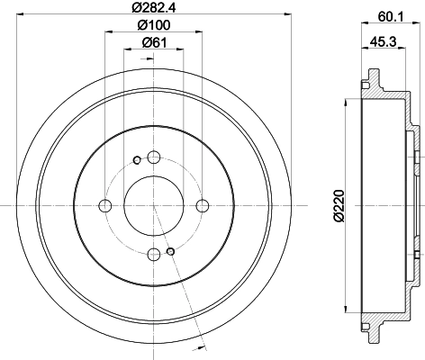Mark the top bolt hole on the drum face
pyautogui.click(x=154, y=157)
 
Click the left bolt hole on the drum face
pyautogui.click(x=104, y=206)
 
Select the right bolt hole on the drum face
pyautogui.click(x=203, y=206)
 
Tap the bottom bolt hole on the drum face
pyautogui.click(x=154, y=256)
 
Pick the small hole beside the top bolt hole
pyautogui.click(x=137, y=161)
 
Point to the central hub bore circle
pyautogui.click(x=154, y=206)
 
